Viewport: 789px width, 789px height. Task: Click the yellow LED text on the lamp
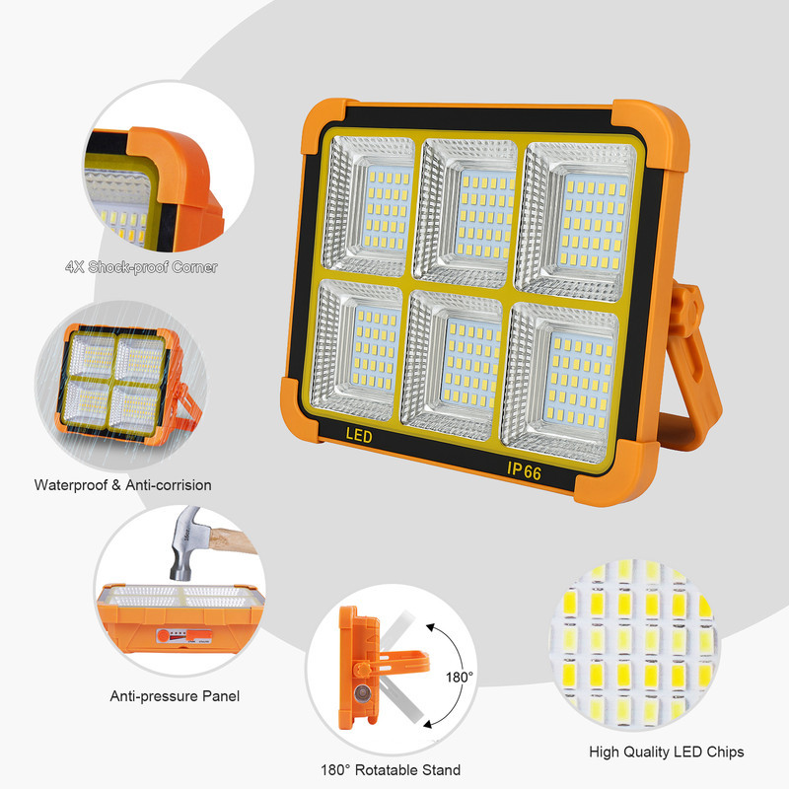pyautogui.click(x=359, y=435)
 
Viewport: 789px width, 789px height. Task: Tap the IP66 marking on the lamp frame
pyautogui.click(x=525, y=471)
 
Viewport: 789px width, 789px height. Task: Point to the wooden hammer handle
pyautogui.click(x=233, y=541)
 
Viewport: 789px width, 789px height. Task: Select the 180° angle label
pyautogui.click(x=460, y=678)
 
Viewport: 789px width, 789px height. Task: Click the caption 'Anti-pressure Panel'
pyautogui.click(x=175, y=696)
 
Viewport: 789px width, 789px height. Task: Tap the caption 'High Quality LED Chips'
pyautogui.click(x=667, y=752)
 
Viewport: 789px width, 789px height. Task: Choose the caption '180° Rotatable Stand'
pyautogui.click(x=391, y=770)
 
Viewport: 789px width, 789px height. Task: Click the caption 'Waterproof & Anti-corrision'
pyautogui.click(x=122, y=485)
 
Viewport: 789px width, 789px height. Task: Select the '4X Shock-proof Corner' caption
pyautogui.click(x=141, y=267)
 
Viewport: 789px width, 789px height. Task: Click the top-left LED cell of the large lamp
pyautogui.click(x=369, y=206)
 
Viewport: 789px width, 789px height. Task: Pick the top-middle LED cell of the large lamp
pyautogui.click(x=466, y=213)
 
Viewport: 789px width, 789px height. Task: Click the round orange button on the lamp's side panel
pyautogui.click(x=163, y=635)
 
